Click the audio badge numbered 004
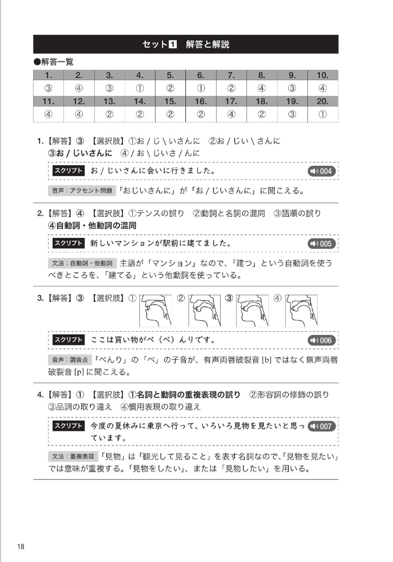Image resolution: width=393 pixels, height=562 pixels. [321, 172]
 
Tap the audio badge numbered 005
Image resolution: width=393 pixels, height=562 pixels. [321, 243]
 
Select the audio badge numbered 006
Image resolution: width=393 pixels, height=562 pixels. [321, 340]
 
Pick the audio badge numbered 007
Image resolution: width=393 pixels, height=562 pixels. [321, 426]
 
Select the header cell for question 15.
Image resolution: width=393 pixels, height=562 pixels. [170, 101]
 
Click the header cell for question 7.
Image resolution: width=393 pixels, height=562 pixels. [231, 75]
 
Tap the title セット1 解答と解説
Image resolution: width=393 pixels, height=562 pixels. [186, 44]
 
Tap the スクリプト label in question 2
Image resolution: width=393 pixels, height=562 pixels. [68, 243]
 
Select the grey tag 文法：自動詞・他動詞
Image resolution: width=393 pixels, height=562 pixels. [82, 263]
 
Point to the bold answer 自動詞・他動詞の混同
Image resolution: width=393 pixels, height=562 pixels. [92, 225]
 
